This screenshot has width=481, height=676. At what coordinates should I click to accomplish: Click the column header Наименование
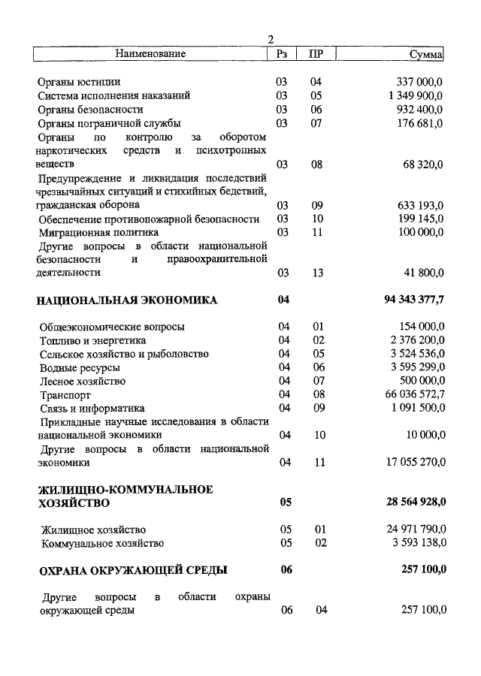(150, 54)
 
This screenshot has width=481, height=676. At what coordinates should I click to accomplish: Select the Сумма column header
(426, 54)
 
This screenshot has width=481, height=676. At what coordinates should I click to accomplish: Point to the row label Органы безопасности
(90, 110)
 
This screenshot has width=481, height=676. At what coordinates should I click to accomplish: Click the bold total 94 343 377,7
(414, 300)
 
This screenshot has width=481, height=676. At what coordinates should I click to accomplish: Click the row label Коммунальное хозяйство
(102, 543)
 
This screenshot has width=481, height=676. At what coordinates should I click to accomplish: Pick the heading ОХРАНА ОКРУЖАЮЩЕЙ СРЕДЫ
(133, 570)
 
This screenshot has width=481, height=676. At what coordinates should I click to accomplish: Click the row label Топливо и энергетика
(93, 340)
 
